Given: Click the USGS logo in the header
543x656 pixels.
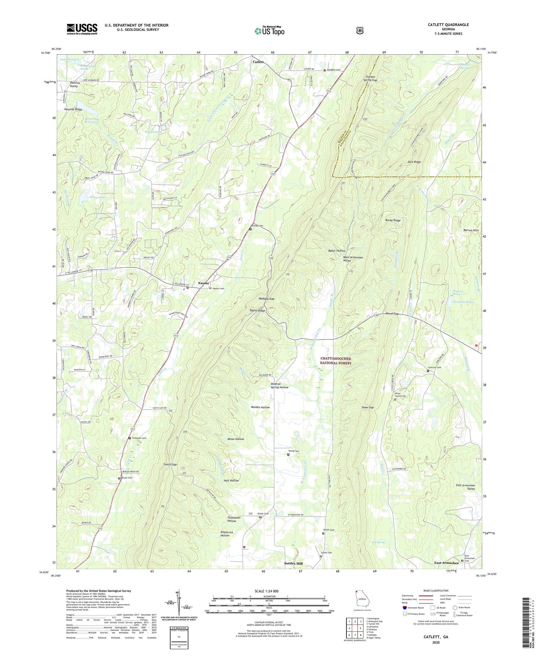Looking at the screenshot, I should [82, 29].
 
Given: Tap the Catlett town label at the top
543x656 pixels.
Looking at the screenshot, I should [258, 62].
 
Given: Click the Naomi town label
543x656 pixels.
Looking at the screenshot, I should [203, 283].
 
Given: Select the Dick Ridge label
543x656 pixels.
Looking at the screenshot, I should [414, 162].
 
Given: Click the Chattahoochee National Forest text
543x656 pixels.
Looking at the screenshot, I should [336, 361].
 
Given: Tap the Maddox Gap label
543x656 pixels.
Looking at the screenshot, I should [266, 299].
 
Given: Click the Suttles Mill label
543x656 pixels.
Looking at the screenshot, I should [293, 564].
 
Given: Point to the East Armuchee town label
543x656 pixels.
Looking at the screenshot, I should [446, 563].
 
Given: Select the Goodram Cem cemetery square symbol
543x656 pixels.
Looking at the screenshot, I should [130, 438].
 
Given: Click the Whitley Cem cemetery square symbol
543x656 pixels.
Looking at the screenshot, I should [250, 229].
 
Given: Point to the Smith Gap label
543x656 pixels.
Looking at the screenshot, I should [170, 464].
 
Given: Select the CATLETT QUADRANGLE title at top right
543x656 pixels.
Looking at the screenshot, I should [448, 25].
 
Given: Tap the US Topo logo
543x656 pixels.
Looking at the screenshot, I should [269, 31].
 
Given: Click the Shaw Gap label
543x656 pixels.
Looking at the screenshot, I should [367, 407].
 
